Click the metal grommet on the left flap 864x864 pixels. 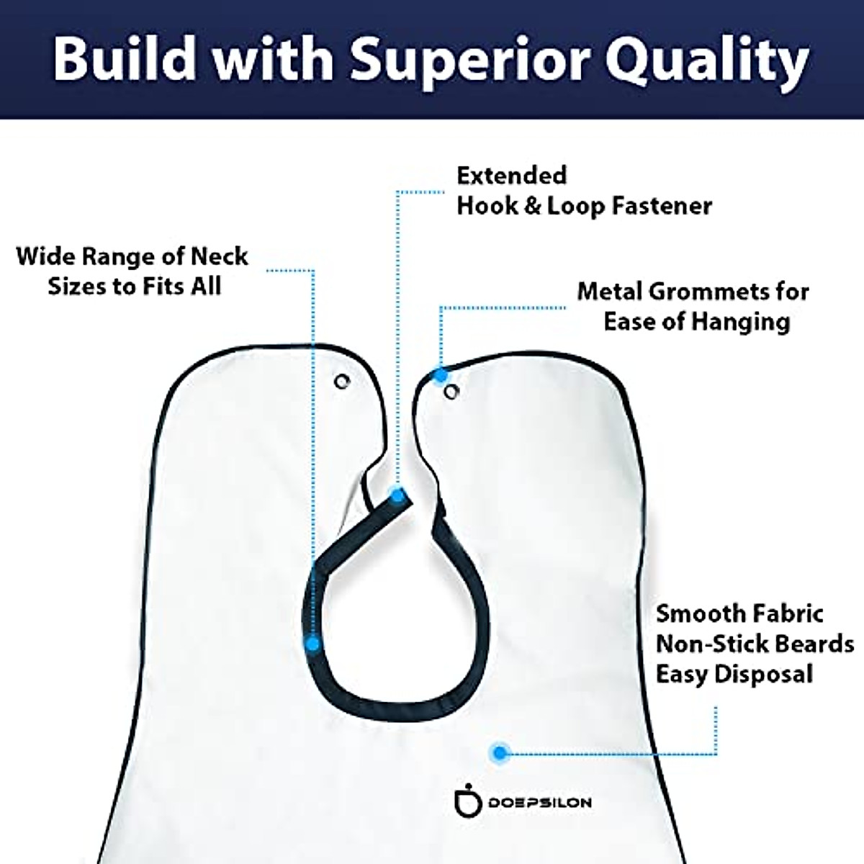343,381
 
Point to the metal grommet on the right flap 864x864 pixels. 451,392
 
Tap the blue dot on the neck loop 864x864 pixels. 312,643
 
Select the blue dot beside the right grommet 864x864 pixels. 440,374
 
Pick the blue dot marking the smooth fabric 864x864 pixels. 498,753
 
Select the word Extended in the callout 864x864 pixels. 512,175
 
